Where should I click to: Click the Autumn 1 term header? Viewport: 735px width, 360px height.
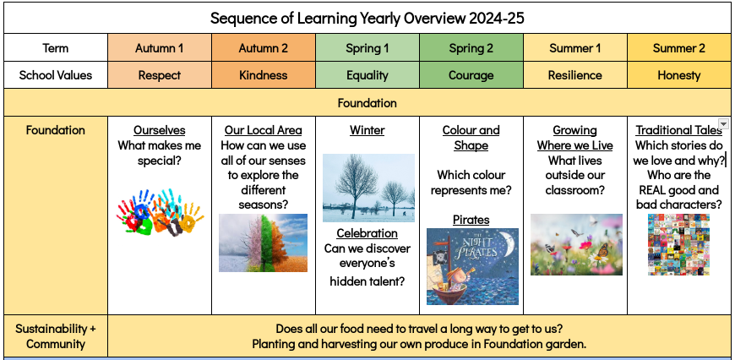tap(160, 48)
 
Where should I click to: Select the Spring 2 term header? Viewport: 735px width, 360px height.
tap(471, 48)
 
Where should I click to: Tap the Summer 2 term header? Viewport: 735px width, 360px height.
tap(678, 48)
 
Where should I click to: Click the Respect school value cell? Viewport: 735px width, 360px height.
tap(160, 75)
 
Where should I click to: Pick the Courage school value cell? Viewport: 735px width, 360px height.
tap(471, 75)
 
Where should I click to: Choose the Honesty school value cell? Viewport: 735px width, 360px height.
tap(678, 75)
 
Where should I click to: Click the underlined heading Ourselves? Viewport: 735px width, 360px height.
tap(160, 130)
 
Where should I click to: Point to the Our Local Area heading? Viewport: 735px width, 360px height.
tap(263, 130)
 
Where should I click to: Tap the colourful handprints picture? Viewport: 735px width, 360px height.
tap(160, 212)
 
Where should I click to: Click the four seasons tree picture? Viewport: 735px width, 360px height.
tap(263, 243)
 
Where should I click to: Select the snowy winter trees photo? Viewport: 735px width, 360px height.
tap(368, 188)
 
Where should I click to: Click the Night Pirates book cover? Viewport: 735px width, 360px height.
tap(472, 266)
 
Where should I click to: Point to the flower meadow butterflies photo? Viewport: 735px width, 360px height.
tap(576, 245)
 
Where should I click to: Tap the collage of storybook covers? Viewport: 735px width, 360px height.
tap(678, 245)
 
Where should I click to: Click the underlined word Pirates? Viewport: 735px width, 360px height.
tap(471, 220)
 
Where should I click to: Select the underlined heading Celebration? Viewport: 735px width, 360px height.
tap(367, 233)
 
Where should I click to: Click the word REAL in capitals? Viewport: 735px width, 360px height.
tap(652, 190)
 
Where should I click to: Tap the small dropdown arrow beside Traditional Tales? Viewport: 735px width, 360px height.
tap(724, 123)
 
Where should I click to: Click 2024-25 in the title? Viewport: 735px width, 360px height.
tap(497, 19)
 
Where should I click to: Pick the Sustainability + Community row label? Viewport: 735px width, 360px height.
tap(55, 336)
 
